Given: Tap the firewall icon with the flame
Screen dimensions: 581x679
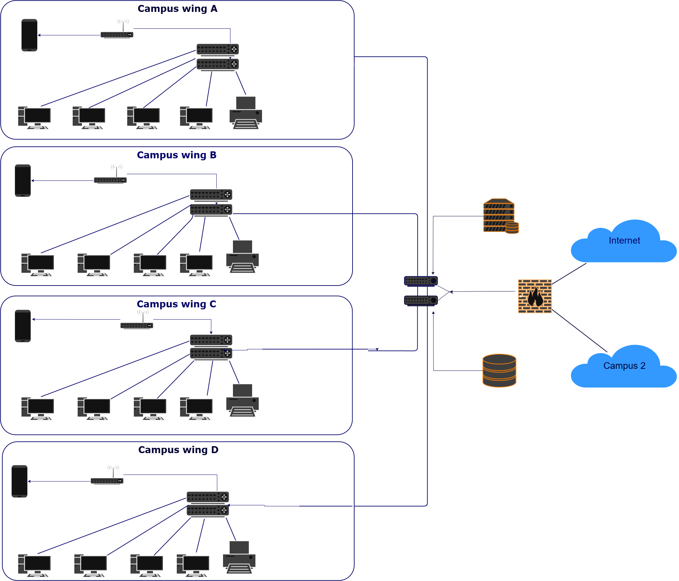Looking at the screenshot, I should click(x=535, y=296).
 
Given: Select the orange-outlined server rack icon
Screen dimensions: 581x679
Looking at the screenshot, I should click(x=500, y=216).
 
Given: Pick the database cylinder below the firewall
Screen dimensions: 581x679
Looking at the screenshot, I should click(x=499, y=370).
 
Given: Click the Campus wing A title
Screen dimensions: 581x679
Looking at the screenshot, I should click(x=177, y=9).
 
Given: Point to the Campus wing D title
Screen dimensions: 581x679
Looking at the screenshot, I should click(x=178, y=450).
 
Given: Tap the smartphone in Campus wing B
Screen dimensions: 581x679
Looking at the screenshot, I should click(x=23, y=180).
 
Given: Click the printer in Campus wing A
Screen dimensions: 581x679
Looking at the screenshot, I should click(x=245, y=113).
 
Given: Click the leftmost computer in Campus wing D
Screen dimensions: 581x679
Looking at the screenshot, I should click(x=34, y=565).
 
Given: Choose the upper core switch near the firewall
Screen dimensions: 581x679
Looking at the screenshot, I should click(x=421, y=281).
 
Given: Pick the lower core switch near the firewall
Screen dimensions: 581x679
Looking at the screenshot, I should click(x=421, y=300).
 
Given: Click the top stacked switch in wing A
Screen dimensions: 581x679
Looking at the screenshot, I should click(x=217, y=49).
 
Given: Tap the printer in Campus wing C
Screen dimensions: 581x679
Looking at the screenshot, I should click(x=242, y=401).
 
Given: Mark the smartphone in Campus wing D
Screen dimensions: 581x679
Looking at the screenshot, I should click(x=19, y=481).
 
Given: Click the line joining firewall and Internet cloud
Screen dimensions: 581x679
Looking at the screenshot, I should click(x=569, y=274).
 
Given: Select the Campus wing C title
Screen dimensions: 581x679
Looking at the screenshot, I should click(x=176, y=304).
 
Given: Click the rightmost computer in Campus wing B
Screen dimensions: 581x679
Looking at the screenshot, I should click(x=196, y=265).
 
